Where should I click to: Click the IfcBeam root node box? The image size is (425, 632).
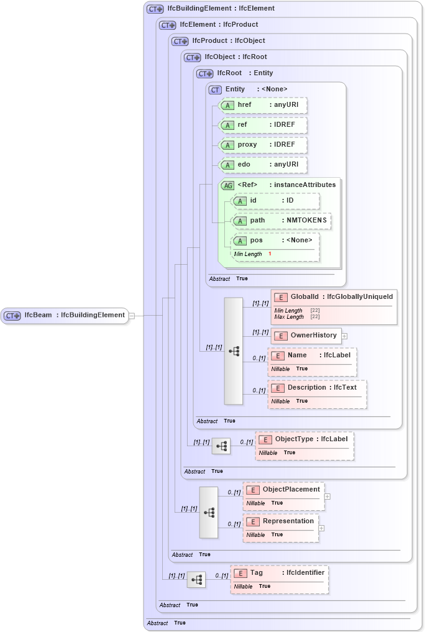(x=65, y=315)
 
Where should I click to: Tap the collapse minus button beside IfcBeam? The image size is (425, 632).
(x=132, y=316)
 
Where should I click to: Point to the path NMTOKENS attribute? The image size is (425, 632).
(x=281, y=221)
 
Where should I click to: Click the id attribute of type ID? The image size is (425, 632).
(x=275, y=201)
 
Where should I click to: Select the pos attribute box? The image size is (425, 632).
(x=275, y=240)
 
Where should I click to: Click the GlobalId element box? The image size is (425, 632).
(x=334, y=298)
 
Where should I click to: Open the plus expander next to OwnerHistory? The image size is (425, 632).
(x=344, y=336)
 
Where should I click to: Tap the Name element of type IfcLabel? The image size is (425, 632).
(x=312, y=355)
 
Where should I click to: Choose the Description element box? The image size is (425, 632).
(x=317, y=388)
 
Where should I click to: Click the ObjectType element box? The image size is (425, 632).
(x=304, y=439)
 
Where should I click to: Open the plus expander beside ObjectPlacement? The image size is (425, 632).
(x=327, y=497)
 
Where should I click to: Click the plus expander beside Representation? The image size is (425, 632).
(x=322, y=528)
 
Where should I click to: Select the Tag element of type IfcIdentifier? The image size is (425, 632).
(x=280, y=573)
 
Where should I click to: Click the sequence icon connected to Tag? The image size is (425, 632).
(x=196, y=579)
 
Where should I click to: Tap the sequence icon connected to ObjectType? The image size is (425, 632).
(x=221, y=446)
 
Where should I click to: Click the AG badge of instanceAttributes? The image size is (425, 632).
(x=227, y=185)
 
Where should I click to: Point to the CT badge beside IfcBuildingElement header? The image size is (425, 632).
(x=155, y=9)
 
